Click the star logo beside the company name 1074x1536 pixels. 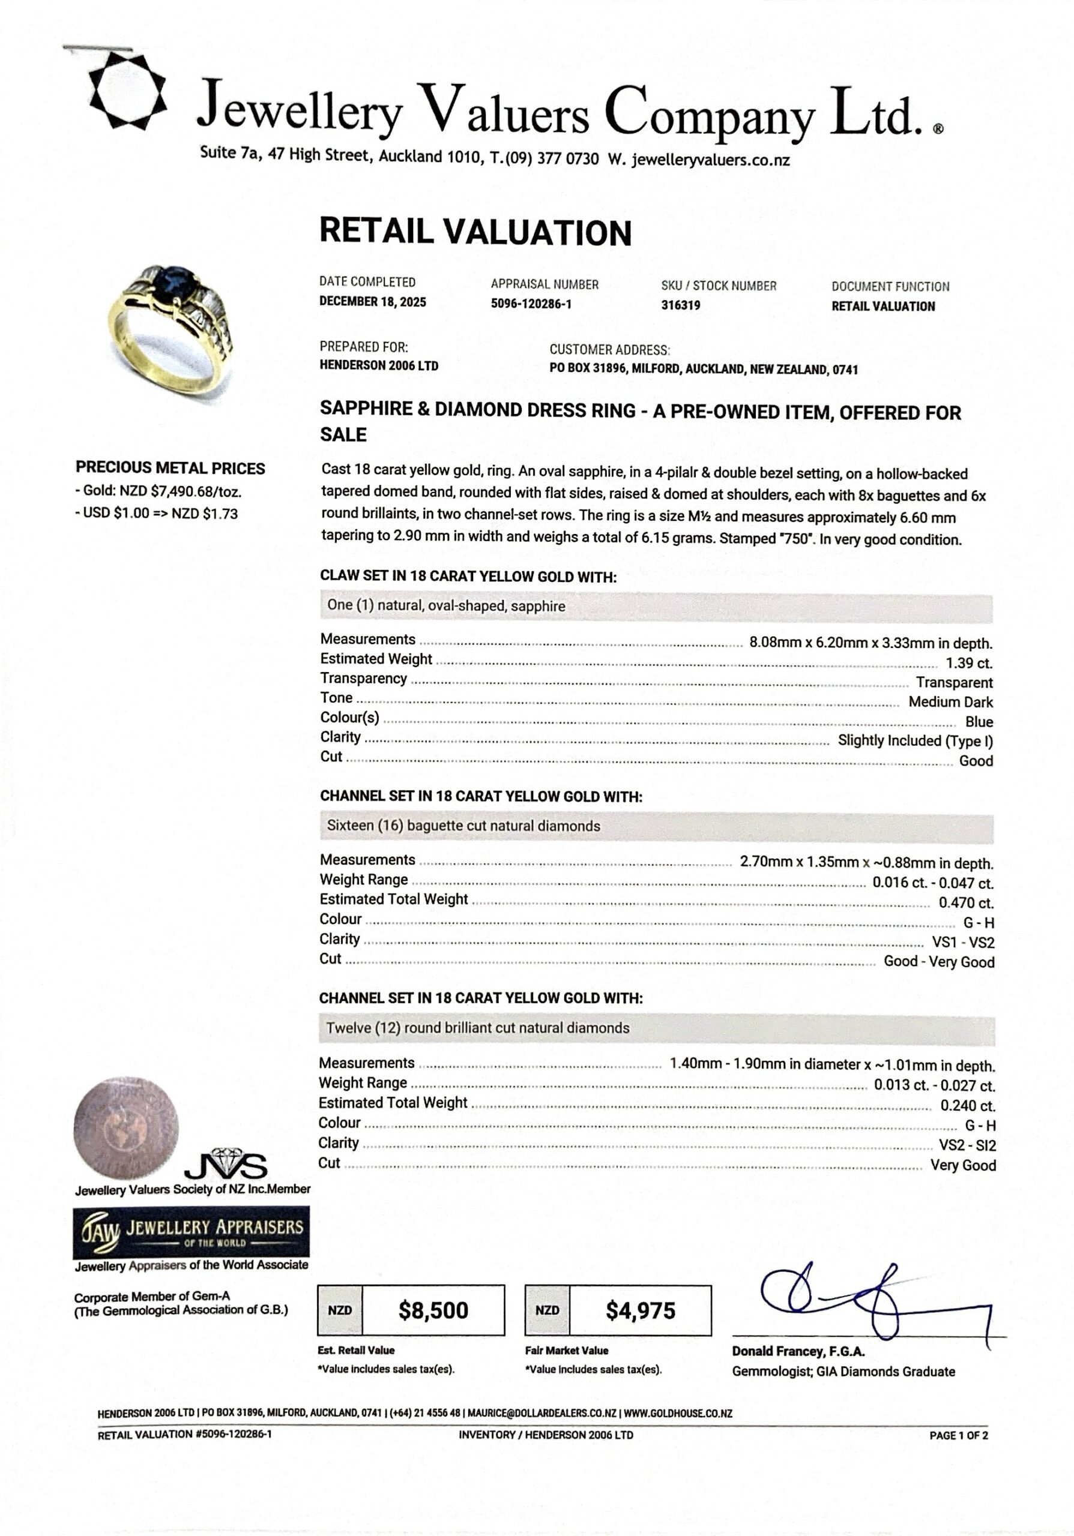pos(127,89)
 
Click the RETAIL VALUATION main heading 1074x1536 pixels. pos(475,232)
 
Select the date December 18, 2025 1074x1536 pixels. pos(372,302)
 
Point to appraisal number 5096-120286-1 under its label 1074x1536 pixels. pos(531,304)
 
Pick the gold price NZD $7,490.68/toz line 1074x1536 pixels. pos(158,492)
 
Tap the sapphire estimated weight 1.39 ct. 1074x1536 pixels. pos(968,663)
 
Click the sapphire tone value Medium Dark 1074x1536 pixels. pos(950,702)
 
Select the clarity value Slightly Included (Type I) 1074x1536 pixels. pos(915,740)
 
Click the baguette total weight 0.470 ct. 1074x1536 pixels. pos(965,902)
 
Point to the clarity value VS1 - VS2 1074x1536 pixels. pos(963,943)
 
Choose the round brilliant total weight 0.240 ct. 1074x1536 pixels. pos(967,1106)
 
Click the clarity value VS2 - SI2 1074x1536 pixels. pos(967,1145)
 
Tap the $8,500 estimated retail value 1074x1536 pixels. pos(433,1310)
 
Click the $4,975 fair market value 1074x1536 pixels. pos(641,1310)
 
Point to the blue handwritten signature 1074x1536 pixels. pos(870,1301)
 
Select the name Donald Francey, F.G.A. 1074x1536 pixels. pos(798,1351)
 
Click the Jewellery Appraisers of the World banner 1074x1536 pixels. pos(192,1232)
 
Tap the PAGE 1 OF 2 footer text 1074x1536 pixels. pos(958,1435)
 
